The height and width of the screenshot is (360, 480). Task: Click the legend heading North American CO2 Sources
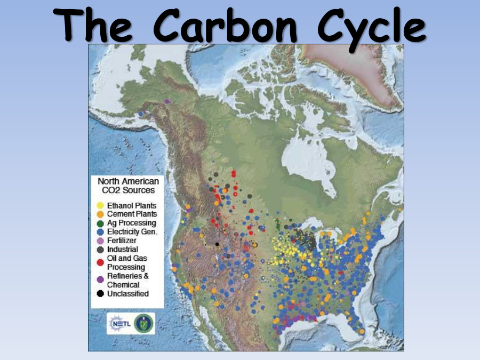[x=128, y=186]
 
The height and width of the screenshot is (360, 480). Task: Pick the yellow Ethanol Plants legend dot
[x=100, y=205]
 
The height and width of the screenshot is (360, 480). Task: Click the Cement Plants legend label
[x=132, y=214]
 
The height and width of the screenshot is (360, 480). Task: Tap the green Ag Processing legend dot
[x=100, y=223]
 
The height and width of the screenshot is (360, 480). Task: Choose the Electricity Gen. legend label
[x=131, y=231]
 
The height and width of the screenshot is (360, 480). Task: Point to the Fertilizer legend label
[x=122, y=241]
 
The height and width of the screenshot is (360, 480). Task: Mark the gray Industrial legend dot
[x=100, y=250]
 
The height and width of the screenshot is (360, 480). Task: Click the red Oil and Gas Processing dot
[x=100, y=262]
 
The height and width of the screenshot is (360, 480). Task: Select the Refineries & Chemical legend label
[x=128, y=280]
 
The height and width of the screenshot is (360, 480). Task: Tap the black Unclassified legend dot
[x=100, y=294]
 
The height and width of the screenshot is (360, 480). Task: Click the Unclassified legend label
[x=127, y=294]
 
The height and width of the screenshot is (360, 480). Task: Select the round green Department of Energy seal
[x=143, y=323]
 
